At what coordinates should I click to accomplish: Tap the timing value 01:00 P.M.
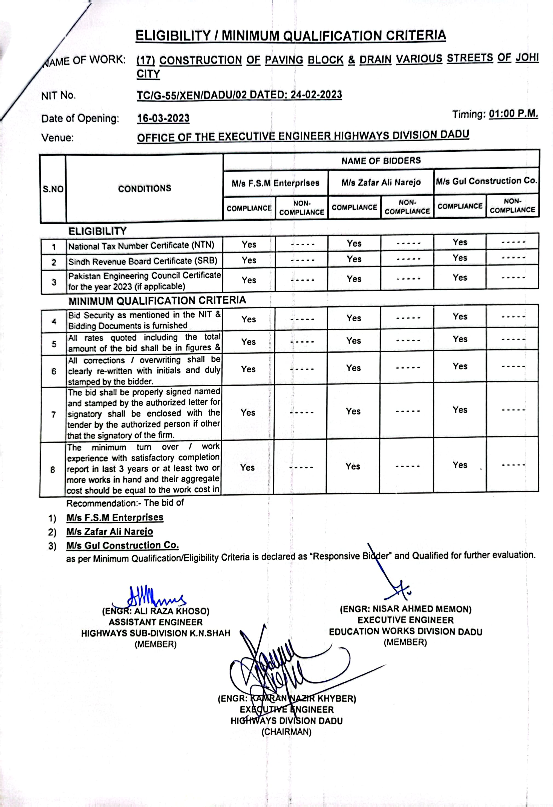click(513, 114)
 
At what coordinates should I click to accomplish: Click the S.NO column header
click(53, 189)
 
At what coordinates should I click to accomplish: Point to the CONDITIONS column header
click(145, 189)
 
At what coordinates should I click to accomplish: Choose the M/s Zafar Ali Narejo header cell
click(381, 182)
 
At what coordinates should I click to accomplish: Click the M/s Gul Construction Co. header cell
click(486, 181)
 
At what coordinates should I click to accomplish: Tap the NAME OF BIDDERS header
click(381, 161)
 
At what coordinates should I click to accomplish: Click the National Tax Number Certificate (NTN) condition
click(141, 246)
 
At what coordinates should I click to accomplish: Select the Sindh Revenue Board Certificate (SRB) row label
click(143, 261)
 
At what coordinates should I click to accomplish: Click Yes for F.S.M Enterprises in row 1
click(249, 244)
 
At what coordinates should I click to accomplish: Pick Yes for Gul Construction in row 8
click(460, 465)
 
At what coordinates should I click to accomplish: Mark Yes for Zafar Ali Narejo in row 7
click(353, 411)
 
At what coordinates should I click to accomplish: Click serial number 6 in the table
click(54, 371)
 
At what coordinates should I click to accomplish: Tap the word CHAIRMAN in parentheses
click(287, 732)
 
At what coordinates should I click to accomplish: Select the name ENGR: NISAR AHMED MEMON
click(405, 609)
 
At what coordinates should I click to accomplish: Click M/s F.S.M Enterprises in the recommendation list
click(115, 518)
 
